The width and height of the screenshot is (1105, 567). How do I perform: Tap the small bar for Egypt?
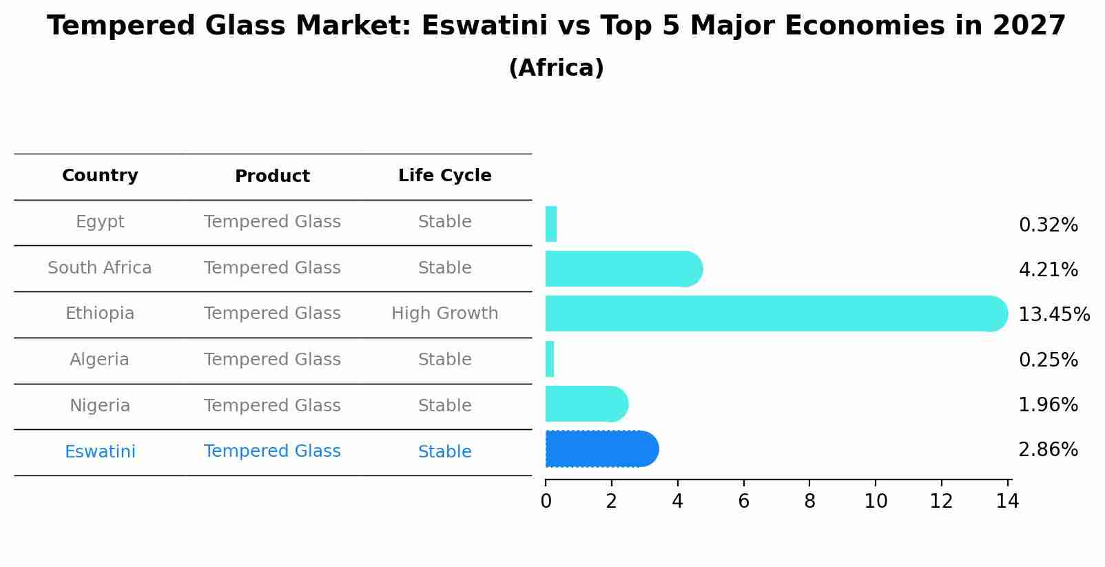click(551, 224)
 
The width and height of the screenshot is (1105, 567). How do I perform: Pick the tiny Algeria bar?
click(550, 359)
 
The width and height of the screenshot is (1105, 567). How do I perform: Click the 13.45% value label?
click(1053, 315)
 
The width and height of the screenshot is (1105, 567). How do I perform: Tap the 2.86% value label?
click(1048, 450)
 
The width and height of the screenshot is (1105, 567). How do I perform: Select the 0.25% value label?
click(1048, 360)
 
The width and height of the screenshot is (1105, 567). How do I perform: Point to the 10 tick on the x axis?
click(876, 502)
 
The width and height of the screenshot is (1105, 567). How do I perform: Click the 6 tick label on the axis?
click(743, 502)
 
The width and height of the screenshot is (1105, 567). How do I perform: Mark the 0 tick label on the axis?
click(546, 502)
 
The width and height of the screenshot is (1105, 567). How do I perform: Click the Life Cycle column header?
click(444, 176)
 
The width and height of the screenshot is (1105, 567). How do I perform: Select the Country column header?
click(100, 176)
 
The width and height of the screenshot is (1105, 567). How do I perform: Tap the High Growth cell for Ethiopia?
click(444, 313)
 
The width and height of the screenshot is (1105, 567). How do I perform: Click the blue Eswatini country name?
click(100, 452)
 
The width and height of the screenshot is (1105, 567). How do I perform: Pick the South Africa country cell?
click(100, 268)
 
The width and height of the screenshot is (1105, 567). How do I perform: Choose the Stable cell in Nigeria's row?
click(444, 406)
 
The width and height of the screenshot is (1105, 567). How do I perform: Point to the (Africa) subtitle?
click(556, 68)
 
